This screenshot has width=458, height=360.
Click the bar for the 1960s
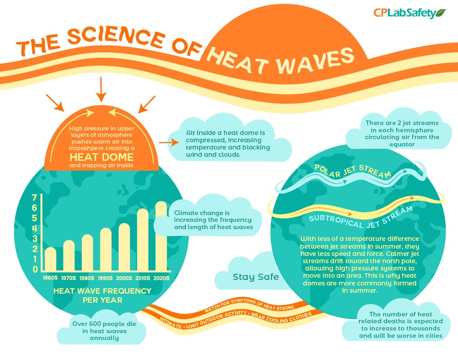tap(50, 259)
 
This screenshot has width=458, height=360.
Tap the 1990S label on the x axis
tap(105, 278)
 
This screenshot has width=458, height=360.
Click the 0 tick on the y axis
tap(35, 270)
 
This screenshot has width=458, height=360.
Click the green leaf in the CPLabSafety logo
tap(441, 13)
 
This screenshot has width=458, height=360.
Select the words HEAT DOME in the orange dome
tap(101, 157)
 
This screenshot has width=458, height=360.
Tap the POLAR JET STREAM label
tap(353, 171)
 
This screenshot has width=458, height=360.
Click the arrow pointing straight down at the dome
tap(101, 89)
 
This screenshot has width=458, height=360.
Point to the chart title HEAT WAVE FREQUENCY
tap(102, 290)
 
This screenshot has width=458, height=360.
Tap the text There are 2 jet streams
tap(402, 123)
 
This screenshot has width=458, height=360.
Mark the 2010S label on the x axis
tap(143, 278)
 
